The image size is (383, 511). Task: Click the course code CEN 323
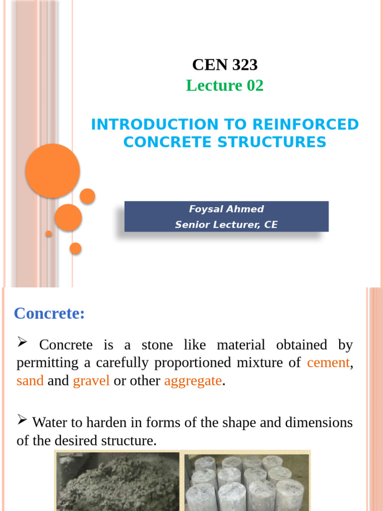tap(225, 64)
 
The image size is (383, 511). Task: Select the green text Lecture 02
tap(225, 86)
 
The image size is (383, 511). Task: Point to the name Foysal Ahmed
tap(226, 209)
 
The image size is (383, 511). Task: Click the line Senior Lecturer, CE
tap(226, 225)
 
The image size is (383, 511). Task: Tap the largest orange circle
tap(53, 171)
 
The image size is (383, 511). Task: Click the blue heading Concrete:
tap(49, 314)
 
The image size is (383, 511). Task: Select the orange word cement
tap(328, 363)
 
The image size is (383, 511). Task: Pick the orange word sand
tap(30, 381)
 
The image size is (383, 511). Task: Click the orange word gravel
tap(91, 381)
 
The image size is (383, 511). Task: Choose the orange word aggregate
tap(192, 381)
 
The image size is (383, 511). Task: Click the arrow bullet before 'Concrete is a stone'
tap(22, 342)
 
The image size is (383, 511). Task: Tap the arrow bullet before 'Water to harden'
tap(22, 421)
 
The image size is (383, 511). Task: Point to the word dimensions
tap(319, 423)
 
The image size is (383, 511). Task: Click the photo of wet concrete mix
tap(118, 481)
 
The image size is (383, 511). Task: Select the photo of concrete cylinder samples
tap(247, 481)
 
